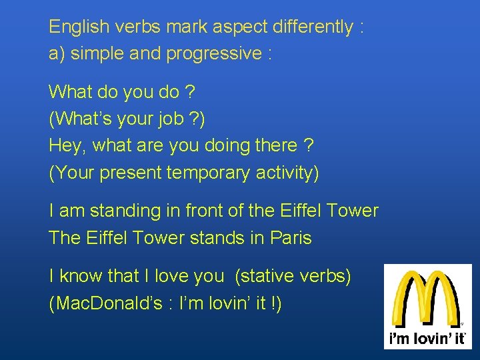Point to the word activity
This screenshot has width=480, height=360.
click(287, 173)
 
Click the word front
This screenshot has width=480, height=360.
click(203, 211)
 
